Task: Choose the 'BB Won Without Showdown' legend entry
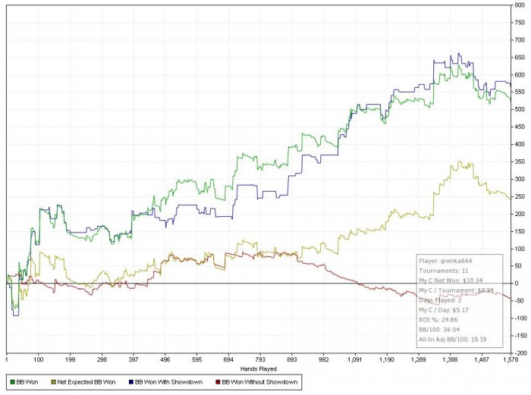pyautogui.click(x=260, y=378)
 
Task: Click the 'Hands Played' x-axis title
pyautogui.click(x=261, y=368)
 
